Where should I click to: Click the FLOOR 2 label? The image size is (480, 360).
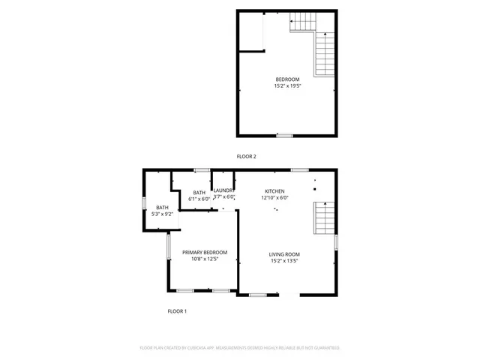(x=246, y=157)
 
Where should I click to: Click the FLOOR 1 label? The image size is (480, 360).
(x=177, y=310)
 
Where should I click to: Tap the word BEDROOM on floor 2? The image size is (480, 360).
(x=287, y=80)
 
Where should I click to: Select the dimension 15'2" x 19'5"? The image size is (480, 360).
(x=287, y=86)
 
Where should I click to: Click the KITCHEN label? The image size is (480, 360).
(x=274, y=192)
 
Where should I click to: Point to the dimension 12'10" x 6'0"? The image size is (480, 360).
(x=274, y=198)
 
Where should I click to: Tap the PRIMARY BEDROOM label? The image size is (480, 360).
(x=205, y=253)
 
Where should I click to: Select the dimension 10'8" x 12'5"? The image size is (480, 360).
(x=205, y=259)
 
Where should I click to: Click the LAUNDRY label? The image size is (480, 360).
(x=224, y=190)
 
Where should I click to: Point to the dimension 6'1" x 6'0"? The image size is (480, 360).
(x=199, y=199)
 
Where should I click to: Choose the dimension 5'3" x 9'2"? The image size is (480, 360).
(x=163, y=214)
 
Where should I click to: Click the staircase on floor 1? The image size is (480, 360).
(x=323, y=220)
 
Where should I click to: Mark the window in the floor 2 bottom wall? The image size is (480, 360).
(x=283, y=136)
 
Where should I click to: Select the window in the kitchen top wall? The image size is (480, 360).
(x=299, y=170)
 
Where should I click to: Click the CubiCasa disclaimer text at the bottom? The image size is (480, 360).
(x=240, y=348)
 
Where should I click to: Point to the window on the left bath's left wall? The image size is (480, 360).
(x=145, y=202)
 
